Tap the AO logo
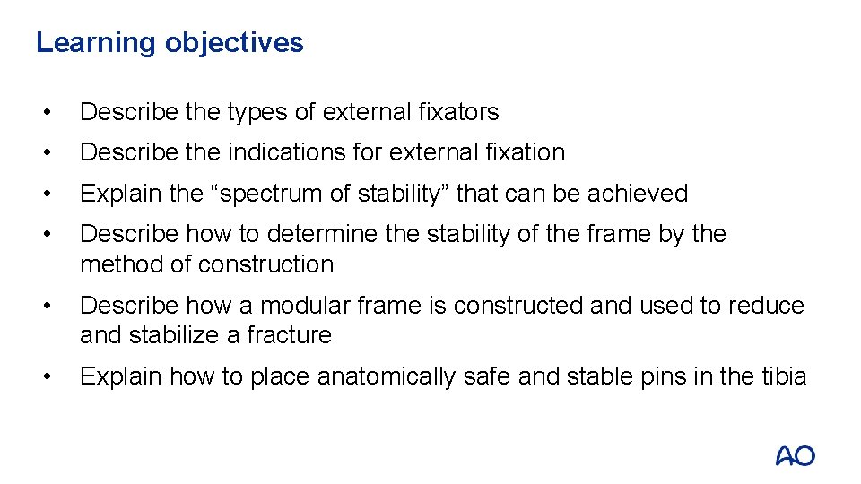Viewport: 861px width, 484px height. tap(796, 455)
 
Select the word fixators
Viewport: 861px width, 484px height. tap(458, 112)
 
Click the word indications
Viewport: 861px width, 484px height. tap(286, 152)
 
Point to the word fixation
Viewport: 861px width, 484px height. tap(523, 152)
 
